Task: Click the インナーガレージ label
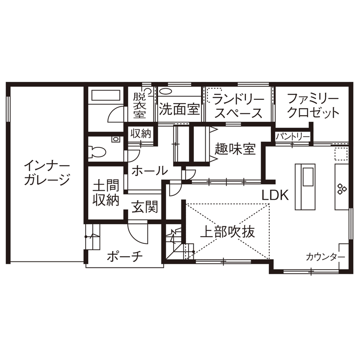tap(47, 172)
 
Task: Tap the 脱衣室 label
tap(139, 105)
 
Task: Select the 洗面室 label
tap(179, 109)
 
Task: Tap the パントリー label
tap(293, 136)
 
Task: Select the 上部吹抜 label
tap(228, 232)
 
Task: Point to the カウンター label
tap(325, 257)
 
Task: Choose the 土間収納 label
tap(105, 193)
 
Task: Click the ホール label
tap(149, 171)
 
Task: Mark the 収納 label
tap(141, 133)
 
